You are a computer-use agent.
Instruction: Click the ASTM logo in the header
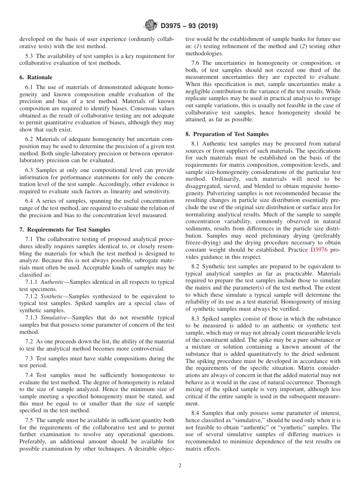[150, 26]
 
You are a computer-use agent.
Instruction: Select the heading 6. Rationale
[36, 77]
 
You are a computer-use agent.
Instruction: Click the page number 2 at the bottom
[180, 466]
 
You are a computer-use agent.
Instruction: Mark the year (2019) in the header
[207, 26]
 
